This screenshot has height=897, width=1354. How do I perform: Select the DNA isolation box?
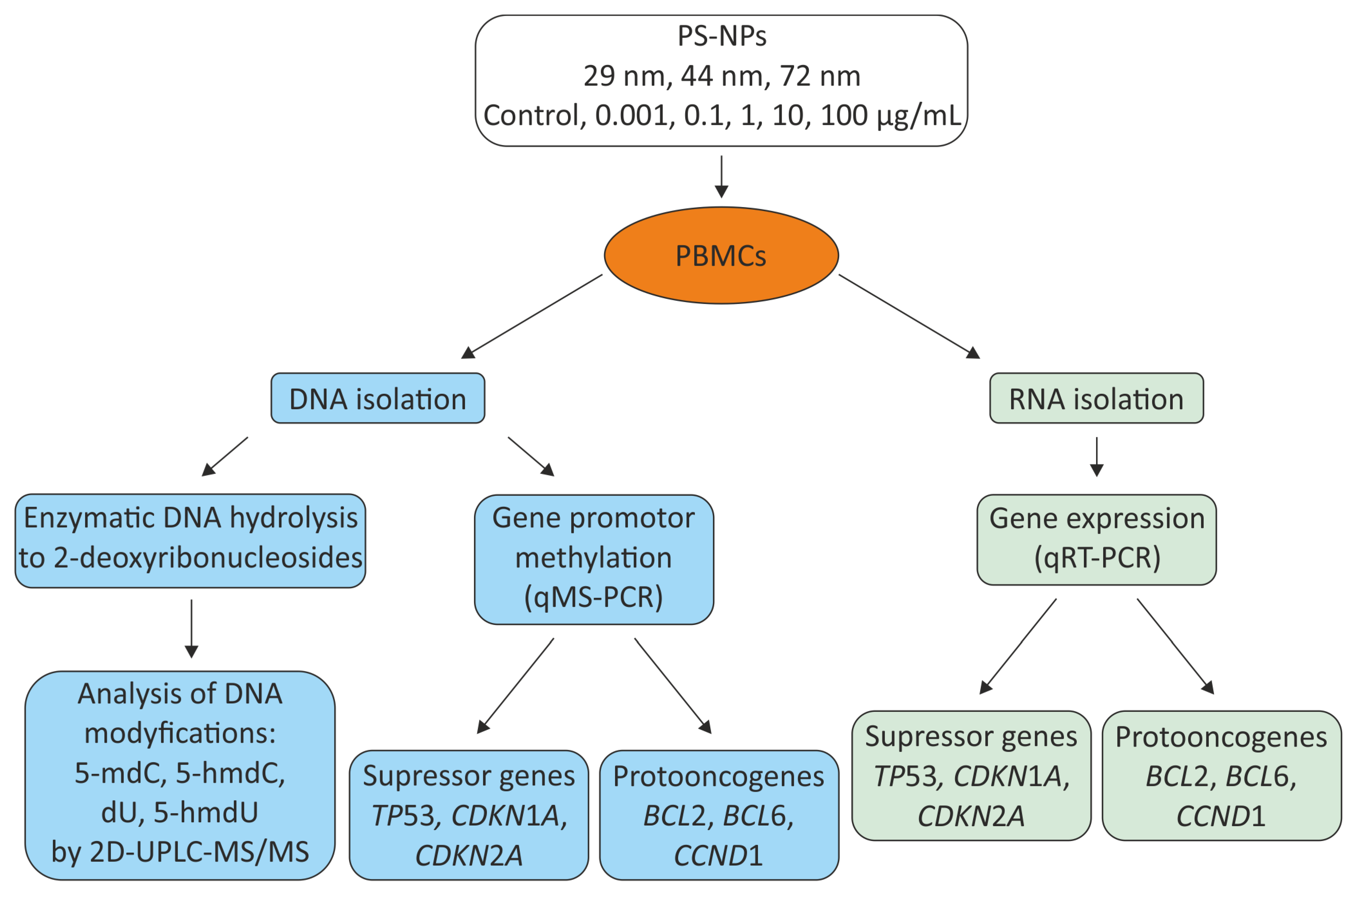pos(377,398)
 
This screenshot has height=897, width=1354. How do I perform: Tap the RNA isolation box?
pos(1096,398)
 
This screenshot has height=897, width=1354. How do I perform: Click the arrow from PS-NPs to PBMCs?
pos(721,177)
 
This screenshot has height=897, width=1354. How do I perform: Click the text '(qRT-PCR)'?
pos(1097,557)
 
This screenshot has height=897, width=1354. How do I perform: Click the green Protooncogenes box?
pos(1221,776)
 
